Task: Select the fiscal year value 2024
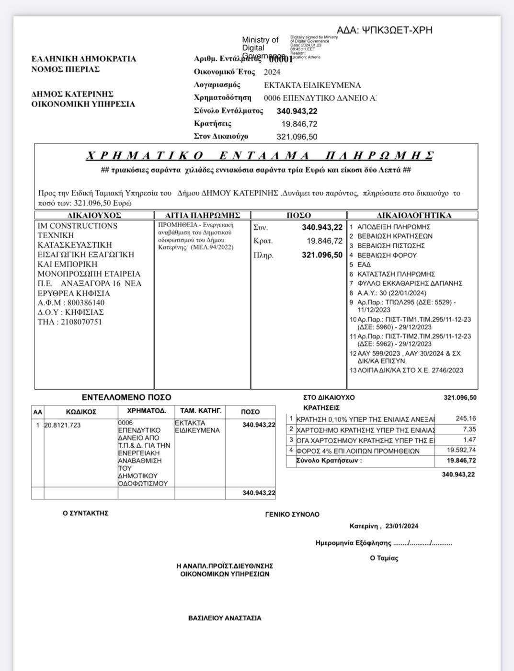point(272,72)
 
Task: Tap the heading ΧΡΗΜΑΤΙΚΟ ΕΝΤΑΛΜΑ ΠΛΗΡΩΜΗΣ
point(260,156)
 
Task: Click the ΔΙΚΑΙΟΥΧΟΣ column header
point(94,216)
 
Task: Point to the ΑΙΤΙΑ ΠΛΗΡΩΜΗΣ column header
point(202,216)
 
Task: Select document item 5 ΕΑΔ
point(364,265)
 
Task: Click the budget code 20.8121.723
point(62,425)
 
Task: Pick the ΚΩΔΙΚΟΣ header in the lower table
point(81,412)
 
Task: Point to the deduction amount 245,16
point(466,418)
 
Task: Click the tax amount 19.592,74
point(461,450)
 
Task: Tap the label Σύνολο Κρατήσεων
point(329,461)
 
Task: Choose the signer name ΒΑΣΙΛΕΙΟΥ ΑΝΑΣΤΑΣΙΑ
point(225,618)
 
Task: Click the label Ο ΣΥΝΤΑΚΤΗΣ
point(86,513)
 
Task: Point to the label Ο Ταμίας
point(384,558)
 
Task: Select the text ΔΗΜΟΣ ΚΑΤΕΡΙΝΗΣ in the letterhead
point(72,94)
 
